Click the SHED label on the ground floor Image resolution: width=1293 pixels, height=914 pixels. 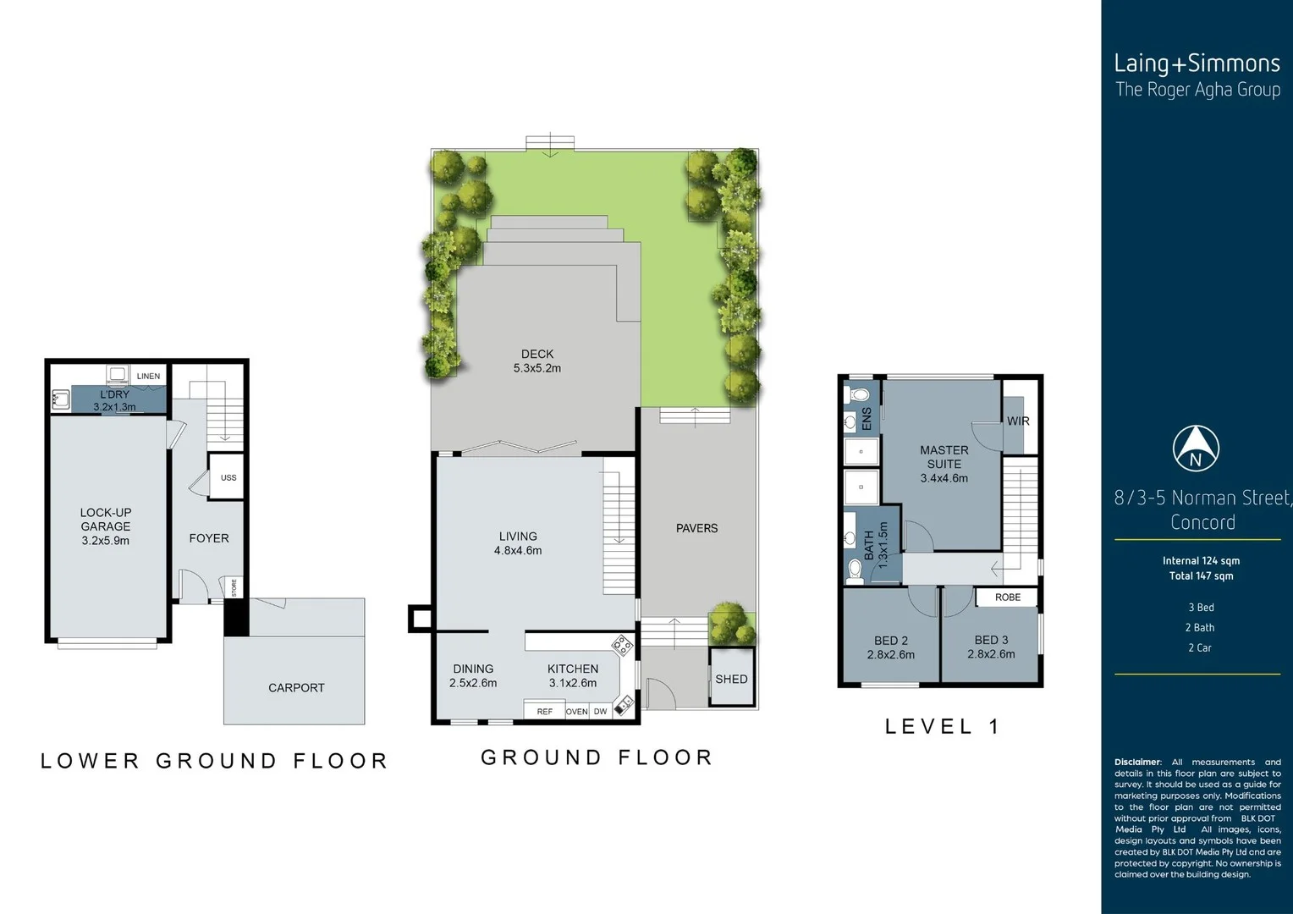click(731, 679)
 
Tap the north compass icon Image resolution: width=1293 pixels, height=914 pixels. click(1195, 449)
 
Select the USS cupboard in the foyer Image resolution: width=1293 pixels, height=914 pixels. click(228, 477)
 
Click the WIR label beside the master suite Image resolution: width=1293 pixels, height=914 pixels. click(1018, 421)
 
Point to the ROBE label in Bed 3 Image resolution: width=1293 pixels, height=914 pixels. click(1007, 597)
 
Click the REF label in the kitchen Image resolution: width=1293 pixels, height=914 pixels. click(544, 712)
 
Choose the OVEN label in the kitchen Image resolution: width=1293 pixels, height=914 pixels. click(576, 712)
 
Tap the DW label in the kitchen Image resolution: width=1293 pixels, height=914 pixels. click(600, 712)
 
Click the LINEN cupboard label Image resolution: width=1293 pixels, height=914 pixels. click(148, 376)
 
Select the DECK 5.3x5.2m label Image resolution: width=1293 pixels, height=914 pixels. click(536, 361)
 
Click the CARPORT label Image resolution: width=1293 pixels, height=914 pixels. click(296, 688)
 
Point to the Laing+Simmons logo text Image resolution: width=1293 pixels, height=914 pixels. click(1197, 63)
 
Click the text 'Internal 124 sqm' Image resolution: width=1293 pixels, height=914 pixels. click(1201, 560)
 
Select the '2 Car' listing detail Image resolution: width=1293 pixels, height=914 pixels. click(1199, 647)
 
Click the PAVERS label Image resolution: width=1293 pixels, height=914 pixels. click(696, 528)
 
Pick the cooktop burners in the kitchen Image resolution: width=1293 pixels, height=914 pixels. click(623, 646)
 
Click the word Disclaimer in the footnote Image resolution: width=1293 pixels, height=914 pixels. click(1137, 762)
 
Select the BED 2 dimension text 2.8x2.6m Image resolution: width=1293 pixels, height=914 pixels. click(890, 654)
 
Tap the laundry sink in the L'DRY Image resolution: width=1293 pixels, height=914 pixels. click(60, 399)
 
